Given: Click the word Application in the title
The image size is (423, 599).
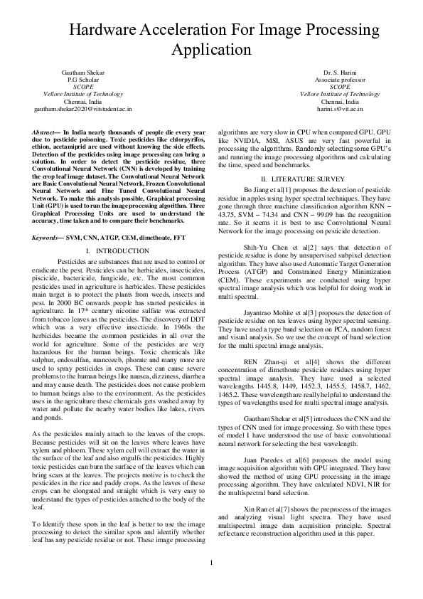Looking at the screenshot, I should coord(212,50).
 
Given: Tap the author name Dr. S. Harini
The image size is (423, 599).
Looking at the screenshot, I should coord(339,73).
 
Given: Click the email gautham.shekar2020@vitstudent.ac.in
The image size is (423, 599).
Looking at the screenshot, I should coord(82,110).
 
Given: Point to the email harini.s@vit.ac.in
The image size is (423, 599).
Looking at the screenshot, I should coord(340,110).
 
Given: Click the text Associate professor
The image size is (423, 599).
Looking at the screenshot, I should coord(340,80).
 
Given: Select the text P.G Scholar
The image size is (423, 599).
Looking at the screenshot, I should coord(82,80).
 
